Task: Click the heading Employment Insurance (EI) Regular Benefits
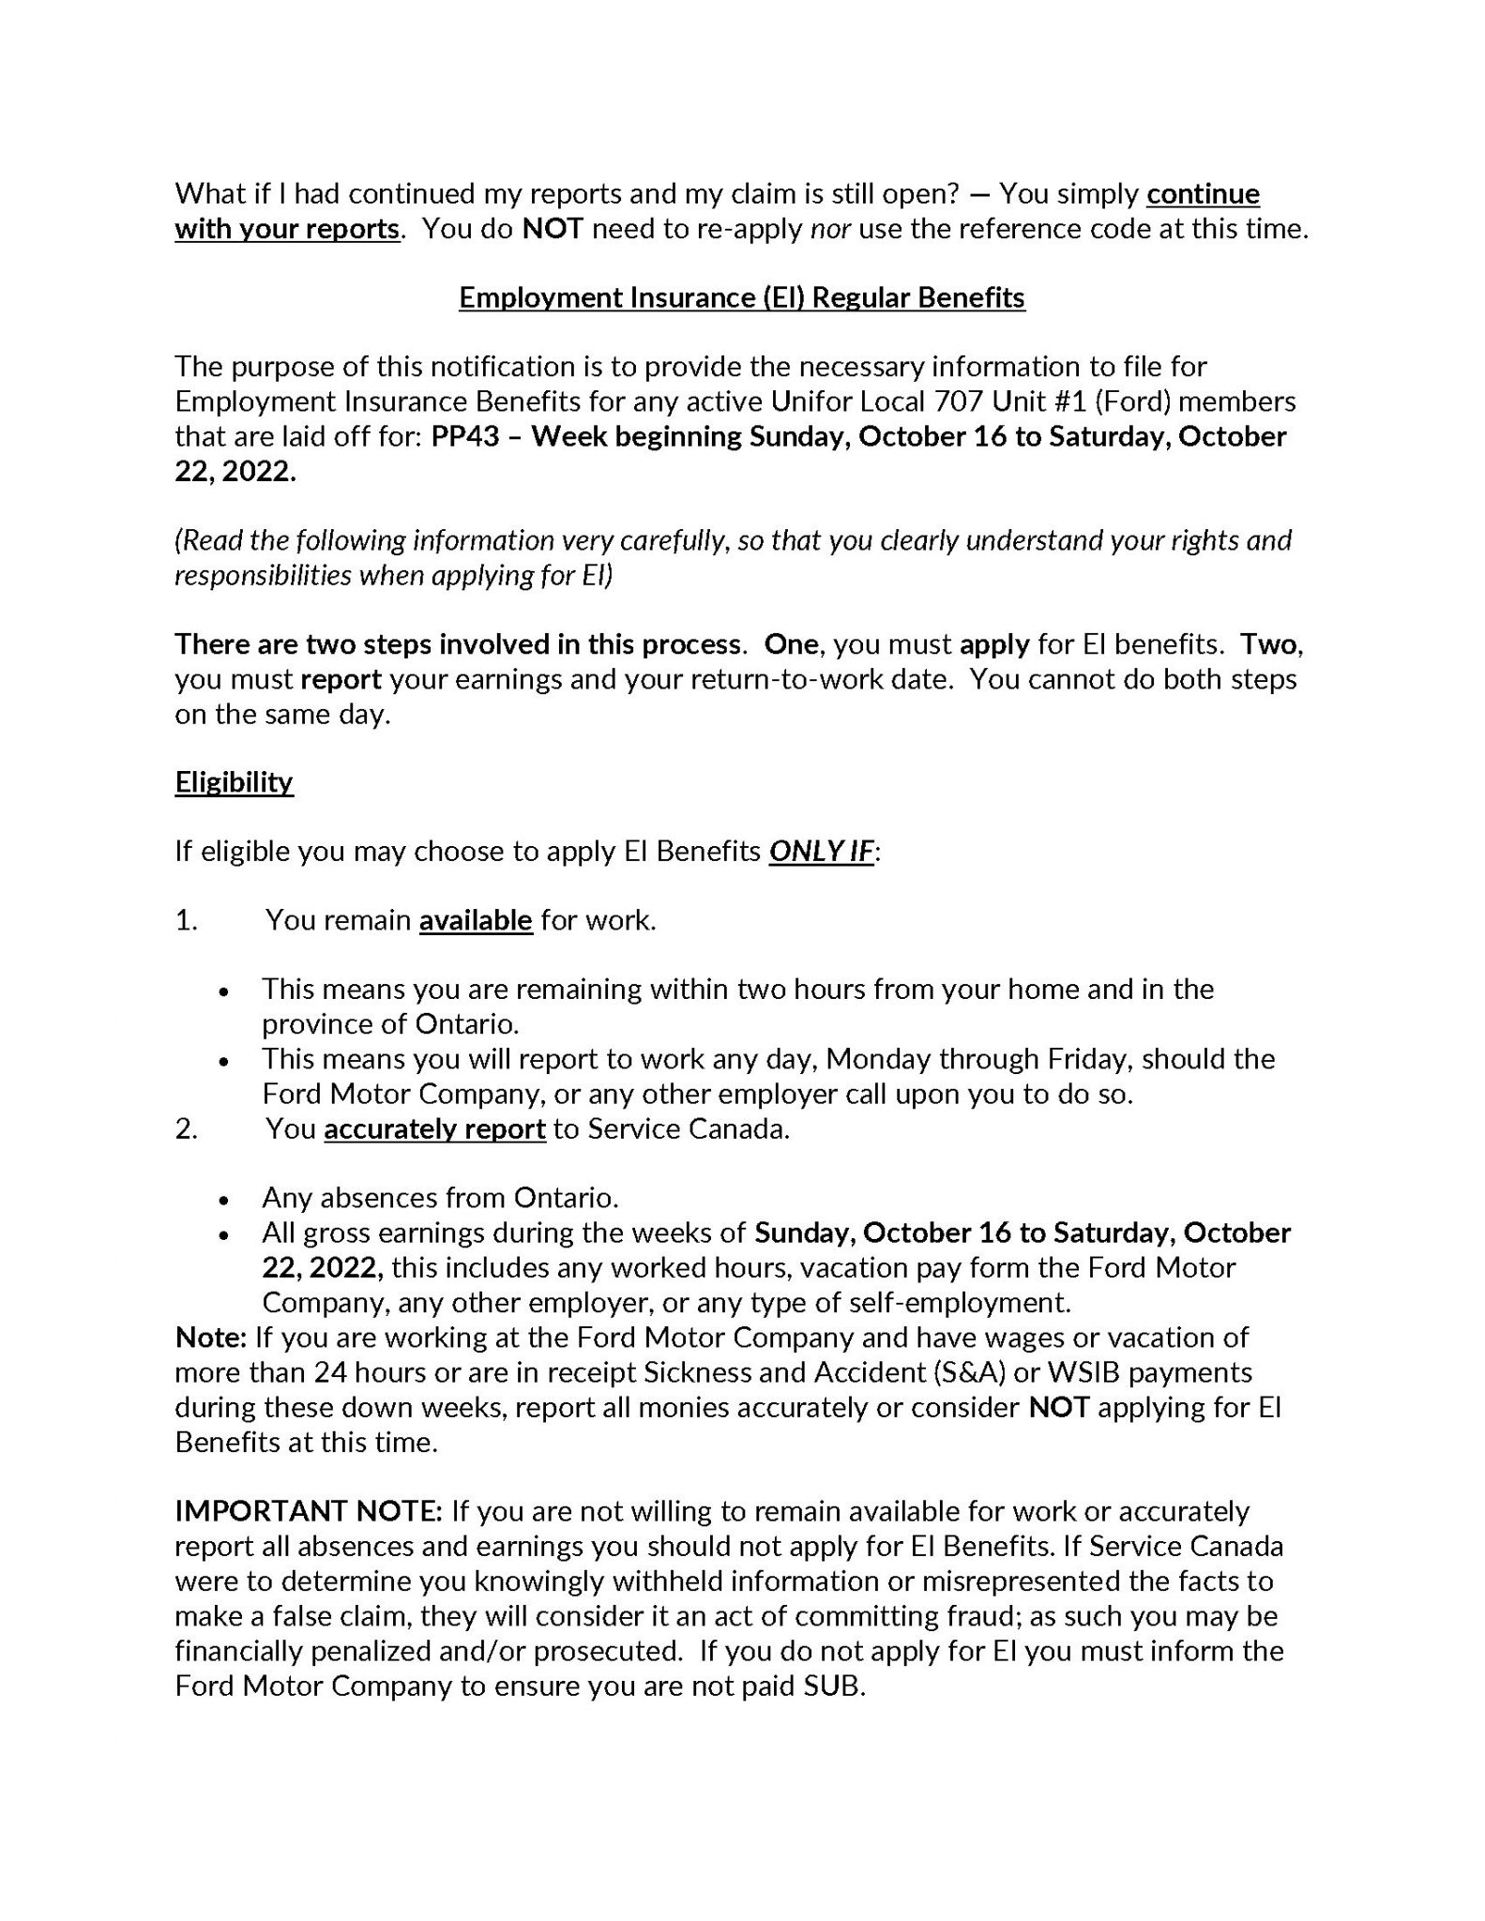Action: point(741,297)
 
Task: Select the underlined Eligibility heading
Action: point(234,781)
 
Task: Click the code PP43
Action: point(465,436)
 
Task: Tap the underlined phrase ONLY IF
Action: point(821,851)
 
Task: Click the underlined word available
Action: point(476,920)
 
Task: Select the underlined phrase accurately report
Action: point(434,1128)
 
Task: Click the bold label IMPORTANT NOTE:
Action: point(309,1511)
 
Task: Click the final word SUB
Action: point(832,1686)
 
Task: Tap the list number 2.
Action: point(186,1128)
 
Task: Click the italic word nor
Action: point(830,228)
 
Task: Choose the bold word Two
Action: point(1271,644)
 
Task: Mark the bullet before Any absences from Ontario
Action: point(223,1200)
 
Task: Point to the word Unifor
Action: point(812,401)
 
